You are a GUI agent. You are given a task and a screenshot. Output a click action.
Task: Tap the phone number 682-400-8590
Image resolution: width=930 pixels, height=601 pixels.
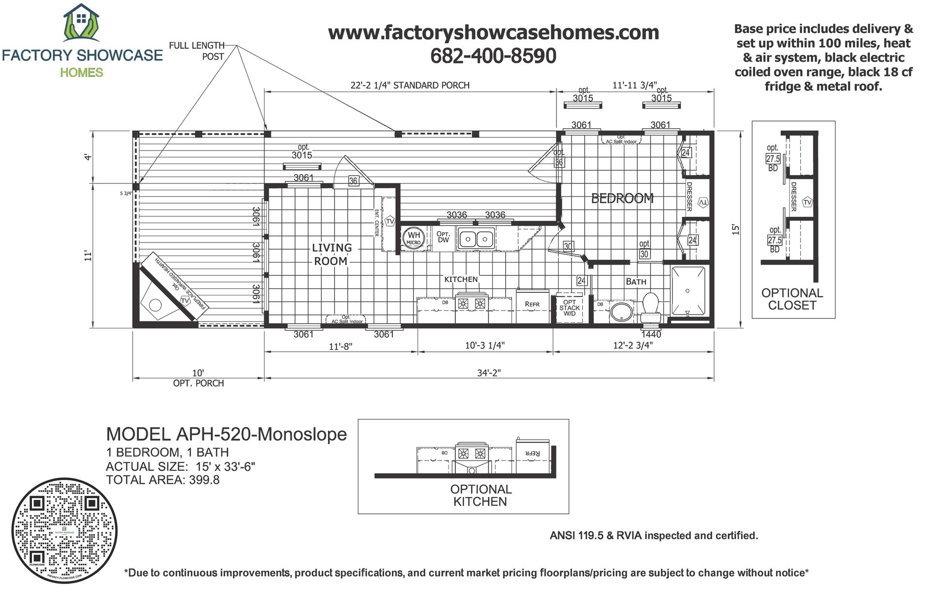pos(493,56)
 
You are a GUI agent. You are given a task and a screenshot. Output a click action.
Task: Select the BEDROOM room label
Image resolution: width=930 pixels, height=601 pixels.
pos(622,198)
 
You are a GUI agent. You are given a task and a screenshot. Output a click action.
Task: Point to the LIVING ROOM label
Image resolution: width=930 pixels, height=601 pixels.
pos(331,255)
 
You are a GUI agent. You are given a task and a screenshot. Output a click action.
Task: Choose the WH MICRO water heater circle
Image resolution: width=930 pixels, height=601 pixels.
pos(414,238)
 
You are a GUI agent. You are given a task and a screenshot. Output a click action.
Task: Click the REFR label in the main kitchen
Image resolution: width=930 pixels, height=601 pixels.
pos(532,304)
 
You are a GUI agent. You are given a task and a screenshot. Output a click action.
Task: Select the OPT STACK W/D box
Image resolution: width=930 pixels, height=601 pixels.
pos(570,308)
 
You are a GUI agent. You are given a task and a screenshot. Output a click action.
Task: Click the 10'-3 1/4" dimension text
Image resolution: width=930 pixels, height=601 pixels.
pos(485,346)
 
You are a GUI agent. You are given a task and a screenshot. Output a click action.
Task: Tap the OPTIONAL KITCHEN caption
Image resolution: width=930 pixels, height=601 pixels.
pos(480,496)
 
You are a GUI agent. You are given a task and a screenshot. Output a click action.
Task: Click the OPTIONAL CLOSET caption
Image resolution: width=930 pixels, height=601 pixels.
pos(792,299)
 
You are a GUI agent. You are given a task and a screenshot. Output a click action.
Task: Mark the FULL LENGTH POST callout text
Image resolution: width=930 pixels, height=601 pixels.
pos(197,51)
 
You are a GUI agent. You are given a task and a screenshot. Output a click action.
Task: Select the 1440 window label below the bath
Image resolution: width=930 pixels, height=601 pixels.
pos(651,334)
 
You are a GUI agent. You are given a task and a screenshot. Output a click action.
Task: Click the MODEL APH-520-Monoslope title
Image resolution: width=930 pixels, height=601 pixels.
pos(226,434)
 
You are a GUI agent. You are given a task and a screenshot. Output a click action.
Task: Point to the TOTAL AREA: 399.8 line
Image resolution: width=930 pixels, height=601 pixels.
pos(163,480)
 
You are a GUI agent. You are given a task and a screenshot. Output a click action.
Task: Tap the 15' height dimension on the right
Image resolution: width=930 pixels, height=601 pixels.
pos(736,229)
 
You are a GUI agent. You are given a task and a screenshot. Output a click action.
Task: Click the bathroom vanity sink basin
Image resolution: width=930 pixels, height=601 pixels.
pos(621,312)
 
